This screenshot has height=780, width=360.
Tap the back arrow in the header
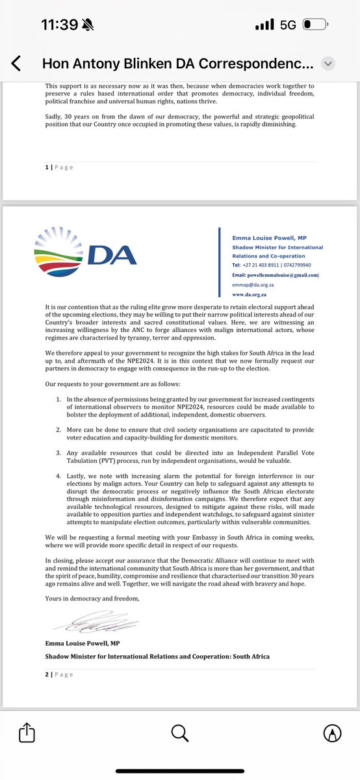16,63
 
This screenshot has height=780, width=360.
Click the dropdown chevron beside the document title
328,63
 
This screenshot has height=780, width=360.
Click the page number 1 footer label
57,167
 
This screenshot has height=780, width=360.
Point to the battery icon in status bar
315,26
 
